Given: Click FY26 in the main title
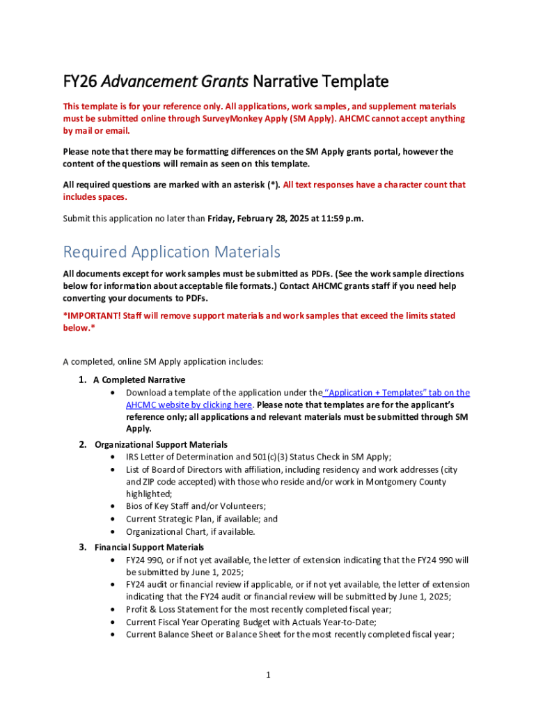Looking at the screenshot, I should tap(79, 81).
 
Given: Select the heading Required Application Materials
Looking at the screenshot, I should tap(171, 251).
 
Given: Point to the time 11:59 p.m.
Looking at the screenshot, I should tap(341, 219).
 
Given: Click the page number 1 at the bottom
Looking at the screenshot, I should tap(267, 675).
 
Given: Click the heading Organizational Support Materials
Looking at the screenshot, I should tap(161, 444).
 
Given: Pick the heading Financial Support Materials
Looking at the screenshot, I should tap(149, 547).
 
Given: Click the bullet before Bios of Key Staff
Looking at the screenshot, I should tap(113, 506).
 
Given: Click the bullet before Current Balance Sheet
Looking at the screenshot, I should tap(113, 634).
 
